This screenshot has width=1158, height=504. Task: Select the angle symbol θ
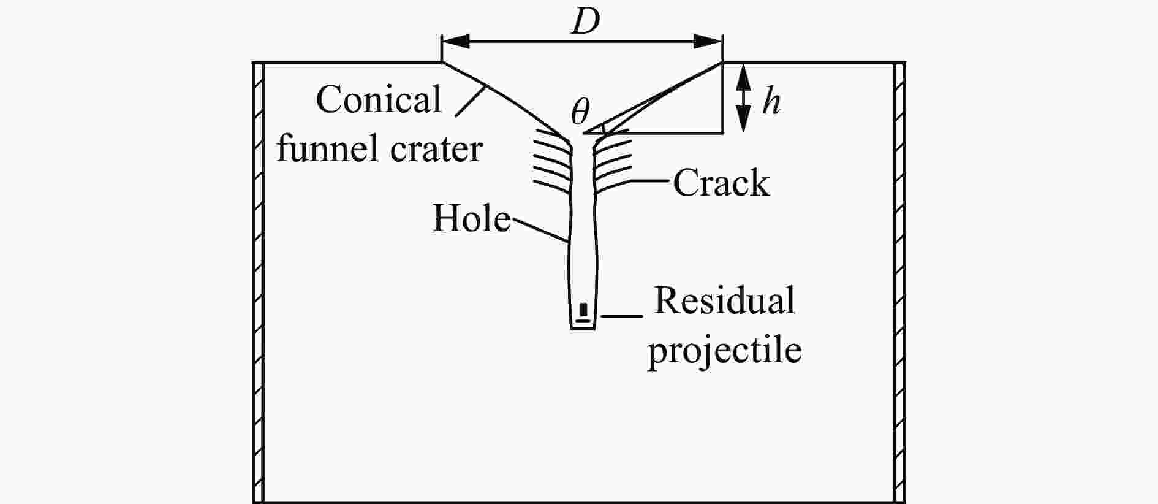click(580, 111)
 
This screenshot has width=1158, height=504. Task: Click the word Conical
click(379, 99)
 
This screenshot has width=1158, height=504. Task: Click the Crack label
click(721, 183)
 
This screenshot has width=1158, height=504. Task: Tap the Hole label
click(471, 218)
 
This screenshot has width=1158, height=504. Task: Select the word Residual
click(724, 300)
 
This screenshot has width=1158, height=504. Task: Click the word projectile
click(725, 349)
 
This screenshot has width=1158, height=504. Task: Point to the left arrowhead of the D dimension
click(456, 41)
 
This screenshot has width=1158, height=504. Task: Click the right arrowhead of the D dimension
click(708, 41)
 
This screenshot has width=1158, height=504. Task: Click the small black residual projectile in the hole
click(584, 309)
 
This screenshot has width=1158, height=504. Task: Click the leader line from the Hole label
click(539, 229)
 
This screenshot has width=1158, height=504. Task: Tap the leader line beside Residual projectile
click(622, 316)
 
